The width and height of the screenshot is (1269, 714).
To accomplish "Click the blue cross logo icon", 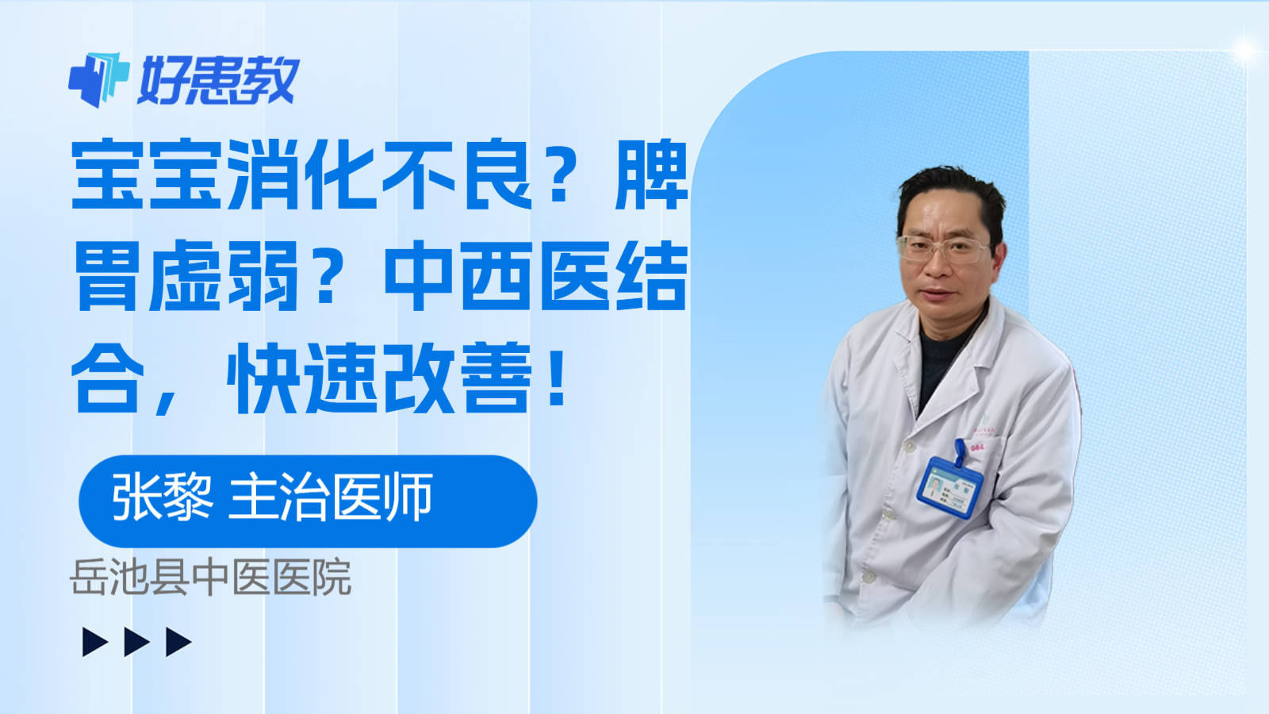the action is coord(98,79).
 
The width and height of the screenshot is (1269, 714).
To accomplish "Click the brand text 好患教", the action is coord(218,80).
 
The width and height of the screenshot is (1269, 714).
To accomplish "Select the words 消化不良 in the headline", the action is coord(379,175).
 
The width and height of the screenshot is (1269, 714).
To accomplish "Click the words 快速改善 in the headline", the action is coord(379,378).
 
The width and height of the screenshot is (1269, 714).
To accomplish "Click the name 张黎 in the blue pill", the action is coord(162,497).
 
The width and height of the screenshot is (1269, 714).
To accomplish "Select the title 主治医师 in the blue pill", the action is coord(331,497).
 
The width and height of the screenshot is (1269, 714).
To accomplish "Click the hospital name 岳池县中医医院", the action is coord(210,578).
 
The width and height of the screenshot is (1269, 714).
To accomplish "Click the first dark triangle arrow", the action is coord(95,642).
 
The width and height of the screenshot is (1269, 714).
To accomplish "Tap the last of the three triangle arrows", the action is coord(178,642).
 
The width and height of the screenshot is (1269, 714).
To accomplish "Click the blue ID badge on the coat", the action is coord(949,487).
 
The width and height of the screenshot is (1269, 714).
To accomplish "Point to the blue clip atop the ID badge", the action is coord(960,451).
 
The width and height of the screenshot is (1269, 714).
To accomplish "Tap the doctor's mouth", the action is coord(938,294).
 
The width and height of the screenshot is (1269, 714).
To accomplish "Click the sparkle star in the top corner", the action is coord(1246,51).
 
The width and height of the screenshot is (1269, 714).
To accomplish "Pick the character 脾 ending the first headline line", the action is coord(652,175).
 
